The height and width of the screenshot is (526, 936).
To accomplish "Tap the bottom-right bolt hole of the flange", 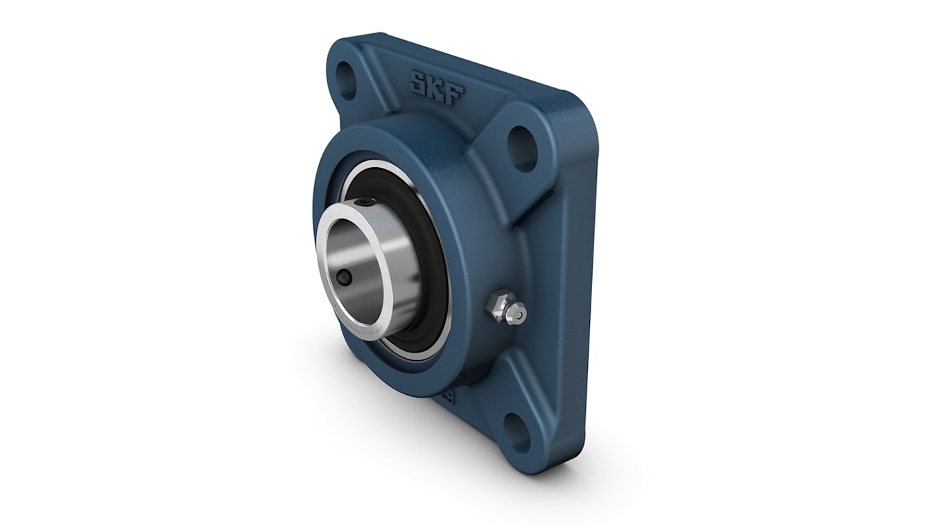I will click(x=517, y=432).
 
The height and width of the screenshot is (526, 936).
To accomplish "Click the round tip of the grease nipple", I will click(x=517, y=314).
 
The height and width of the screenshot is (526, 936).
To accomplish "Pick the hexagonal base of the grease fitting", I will click(x=497, y=303).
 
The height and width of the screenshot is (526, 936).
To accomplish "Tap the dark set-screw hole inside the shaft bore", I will click(x=345, y=277).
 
